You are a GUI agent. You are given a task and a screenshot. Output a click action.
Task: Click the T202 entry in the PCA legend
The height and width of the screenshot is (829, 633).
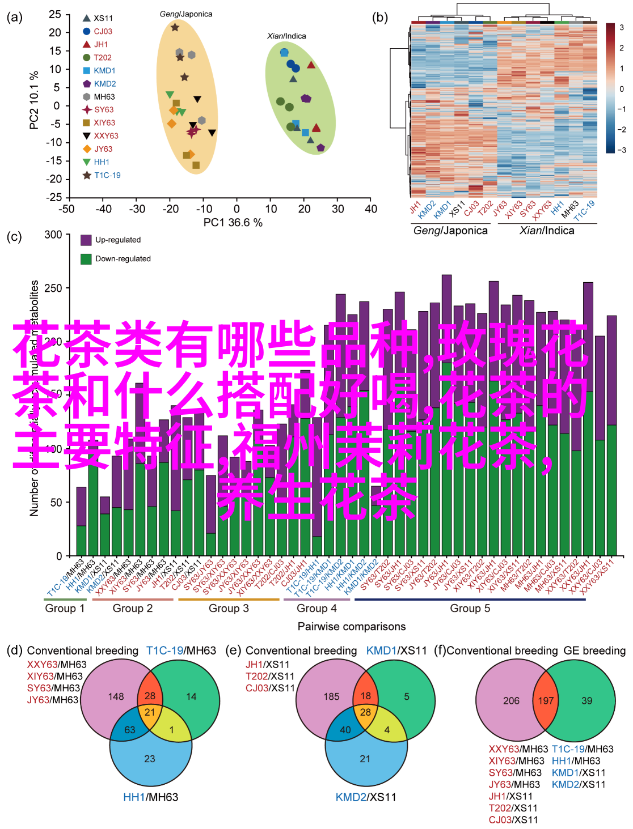(x=102, y=58)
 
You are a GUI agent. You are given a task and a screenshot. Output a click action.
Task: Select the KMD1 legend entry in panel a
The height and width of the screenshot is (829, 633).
(x=104, y=71)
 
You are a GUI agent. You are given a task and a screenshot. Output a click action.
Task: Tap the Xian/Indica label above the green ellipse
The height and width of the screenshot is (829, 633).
(x=286, y=36)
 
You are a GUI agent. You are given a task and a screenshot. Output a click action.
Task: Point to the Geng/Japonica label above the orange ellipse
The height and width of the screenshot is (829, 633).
(x=186, y=14)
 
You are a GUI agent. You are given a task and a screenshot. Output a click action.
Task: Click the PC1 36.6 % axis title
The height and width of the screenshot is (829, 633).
(x=233, y=223)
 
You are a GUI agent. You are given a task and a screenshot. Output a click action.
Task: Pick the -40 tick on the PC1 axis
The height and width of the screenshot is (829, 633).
(x=103, y=209)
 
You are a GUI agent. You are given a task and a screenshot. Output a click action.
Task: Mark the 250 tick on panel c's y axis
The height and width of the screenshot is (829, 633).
(x=53, y=288)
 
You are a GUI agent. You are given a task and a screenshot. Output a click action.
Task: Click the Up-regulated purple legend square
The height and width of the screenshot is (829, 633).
(x=86, y=240)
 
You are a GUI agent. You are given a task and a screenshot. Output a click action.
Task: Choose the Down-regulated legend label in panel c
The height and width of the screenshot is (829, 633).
(x=123, y=259)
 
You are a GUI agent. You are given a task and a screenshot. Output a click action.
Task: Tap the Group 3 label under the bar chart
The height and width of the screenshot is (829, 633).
(x=229, y=609)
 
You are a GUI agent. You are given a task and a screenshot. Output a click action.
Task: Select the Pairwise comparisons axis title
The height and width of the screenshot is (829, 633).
(x=352, y=627)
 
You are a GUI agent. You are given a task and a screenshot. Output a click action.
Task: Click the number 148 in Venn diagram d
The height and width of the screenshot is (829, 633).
(x=116, y=696)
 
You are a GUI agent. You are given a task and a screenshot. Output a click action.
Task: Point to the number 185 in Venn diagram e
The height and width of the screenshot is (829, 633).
(x=331, y=696)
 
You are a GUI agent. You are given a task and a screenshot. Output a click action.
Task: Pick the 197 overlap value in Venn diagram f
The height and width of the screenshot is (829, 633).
(x=546, y=701)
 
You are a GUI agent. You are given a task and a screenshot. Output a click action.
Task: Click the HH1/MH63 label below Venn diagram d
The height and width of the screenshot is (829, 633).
(x=150, y=797)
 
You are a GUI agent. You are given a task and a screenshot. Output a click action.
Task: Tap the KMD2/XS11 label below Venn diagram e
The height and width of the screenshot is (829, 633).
(x=366, y=797)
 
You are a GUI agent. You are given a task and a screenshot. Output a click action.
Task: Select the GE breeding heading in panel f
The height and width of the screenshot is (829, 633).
(x=594, y=651)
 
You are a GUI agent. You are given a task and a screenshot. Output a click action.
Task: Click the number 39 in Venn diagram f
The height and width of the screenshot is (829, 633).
(x=586, y=701)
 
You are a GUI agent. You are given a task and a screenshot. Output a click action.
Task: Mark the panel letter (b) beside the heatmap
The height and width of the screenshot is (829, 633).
(x=380, y=18)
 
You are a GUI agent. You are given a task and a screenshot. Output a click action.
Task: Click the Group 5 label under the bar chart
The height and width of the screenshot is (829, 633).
(x=470, y=609)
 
